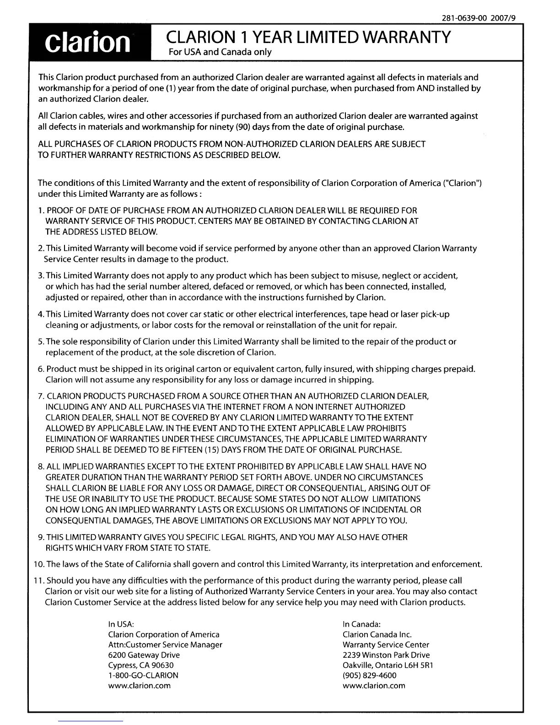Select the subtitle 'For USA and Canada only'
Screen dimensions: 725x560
(x=221, y=52)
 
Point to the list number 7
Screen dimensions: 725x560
(x=41, y=396)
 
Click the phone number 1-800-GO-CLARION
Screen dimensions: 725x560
(x=143, y=675)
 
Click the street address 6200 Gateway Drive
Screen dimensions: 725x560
(x=144, y=655)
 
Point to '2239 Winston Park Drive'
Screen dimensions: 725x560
(x=386, y=655)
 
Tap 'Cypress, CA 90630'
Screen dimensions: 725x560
(x=141, y=665)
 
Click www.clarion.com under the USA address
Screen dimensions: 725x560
(x=139, y=685)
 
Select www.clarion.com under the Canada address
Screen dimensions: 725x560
(x=374, y=685)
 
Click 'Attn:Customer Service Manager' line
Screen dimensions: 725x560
(x=165, y=644)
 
